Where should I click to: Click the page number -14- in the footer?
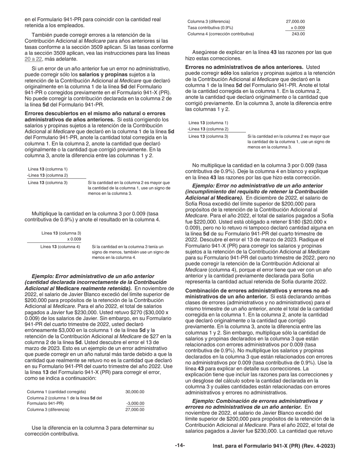(180, 446)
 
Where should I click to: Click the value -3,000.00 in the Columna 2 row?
(135, 403)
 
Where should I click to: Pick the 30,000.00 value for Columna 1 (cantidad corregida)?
(135, 392)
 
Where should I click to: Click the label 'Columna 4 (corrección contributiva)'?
(221, 34)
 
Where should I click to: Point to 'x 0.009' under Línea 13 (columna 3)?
(74, 239)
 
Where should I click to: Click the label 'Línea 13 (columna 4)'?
(60, 247)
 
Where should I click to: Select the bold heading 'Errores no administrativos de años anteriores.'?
(244, 67)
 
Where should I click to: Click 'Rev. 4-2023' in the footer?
(319, 446)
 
